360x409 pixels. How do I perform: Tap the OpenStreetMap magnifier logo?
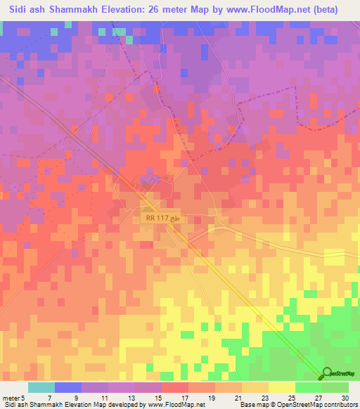tap(328, 374)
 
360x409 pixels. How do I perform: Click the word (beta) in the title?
tap(324, 10)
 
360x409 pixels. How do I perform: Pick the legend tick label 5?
tap(23, 397)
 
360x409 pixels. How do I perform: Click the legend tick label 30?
tap(344, 397)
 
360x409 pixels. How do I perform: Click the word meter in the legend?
tap(11, 397)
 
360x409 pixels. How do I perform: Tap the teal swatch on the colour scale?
tap(41, 387)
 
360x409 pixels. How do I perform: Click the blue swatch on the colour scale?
tap(68, 387)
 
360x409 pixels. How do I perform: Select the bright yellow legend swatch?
tap(281, 387)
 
